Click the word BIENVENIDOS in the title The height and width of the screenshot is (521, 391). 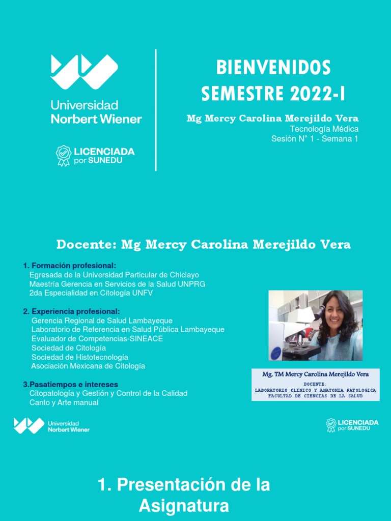[273, 68]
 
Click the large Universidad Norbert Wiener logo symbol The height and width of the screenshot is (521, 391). [85, 72]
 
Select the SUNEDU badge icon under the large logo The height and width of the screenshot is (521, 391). [63, 156]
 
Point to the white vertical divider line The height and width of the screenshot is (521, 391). [156, 110]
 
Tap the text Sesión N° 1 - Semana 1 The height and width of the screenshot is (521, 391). [315, 139]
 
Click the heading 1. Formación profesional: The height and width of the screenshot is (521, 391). [70, 266]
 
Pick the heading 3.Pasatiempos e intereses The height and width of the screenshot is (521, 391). [70, 384]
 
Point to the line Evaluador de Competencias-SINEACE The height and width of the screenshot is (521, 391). [97, 339]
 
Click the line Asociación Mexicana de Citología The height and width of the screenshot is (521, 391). [88, 366]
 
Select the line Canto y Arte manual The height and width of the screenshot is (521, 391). [64, 402]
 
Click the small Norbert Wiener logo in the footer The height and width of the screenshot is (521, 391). [51, 426]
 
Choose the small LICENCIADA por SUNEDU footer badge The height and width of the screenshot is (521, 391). [352, 425]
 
